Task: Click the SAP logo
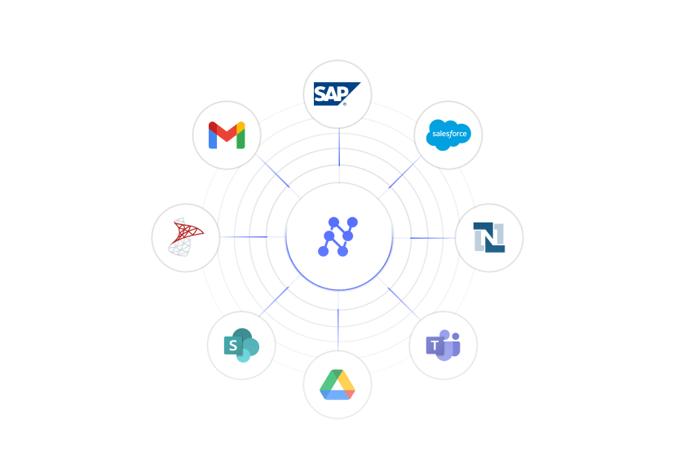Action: tap(337, 94)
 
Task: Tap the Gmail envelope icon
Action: tap(227, 135)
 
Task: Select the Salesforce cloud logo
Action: tap(448, 134)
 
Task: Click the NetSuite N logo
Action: tap(489, 237)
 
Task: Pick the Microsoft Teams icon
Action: tap(443, 346)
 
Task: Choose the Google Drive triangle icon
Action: tap(337, 385)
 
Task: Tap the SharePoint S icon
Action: tap(240, 346)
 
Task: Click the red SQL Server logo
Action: tap(186, 237)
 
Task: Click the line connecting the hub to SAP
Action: tap(338, 155)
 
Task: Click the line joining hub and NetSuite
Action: tap(424, 237)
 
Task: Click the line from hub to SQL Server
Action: tap(253, 237)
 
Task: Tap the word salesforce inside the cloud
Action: tap(449, 133)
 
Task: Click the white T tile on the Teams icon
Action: tap(435, 346)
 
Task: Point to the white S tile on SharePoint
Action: tap(232, 346)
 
